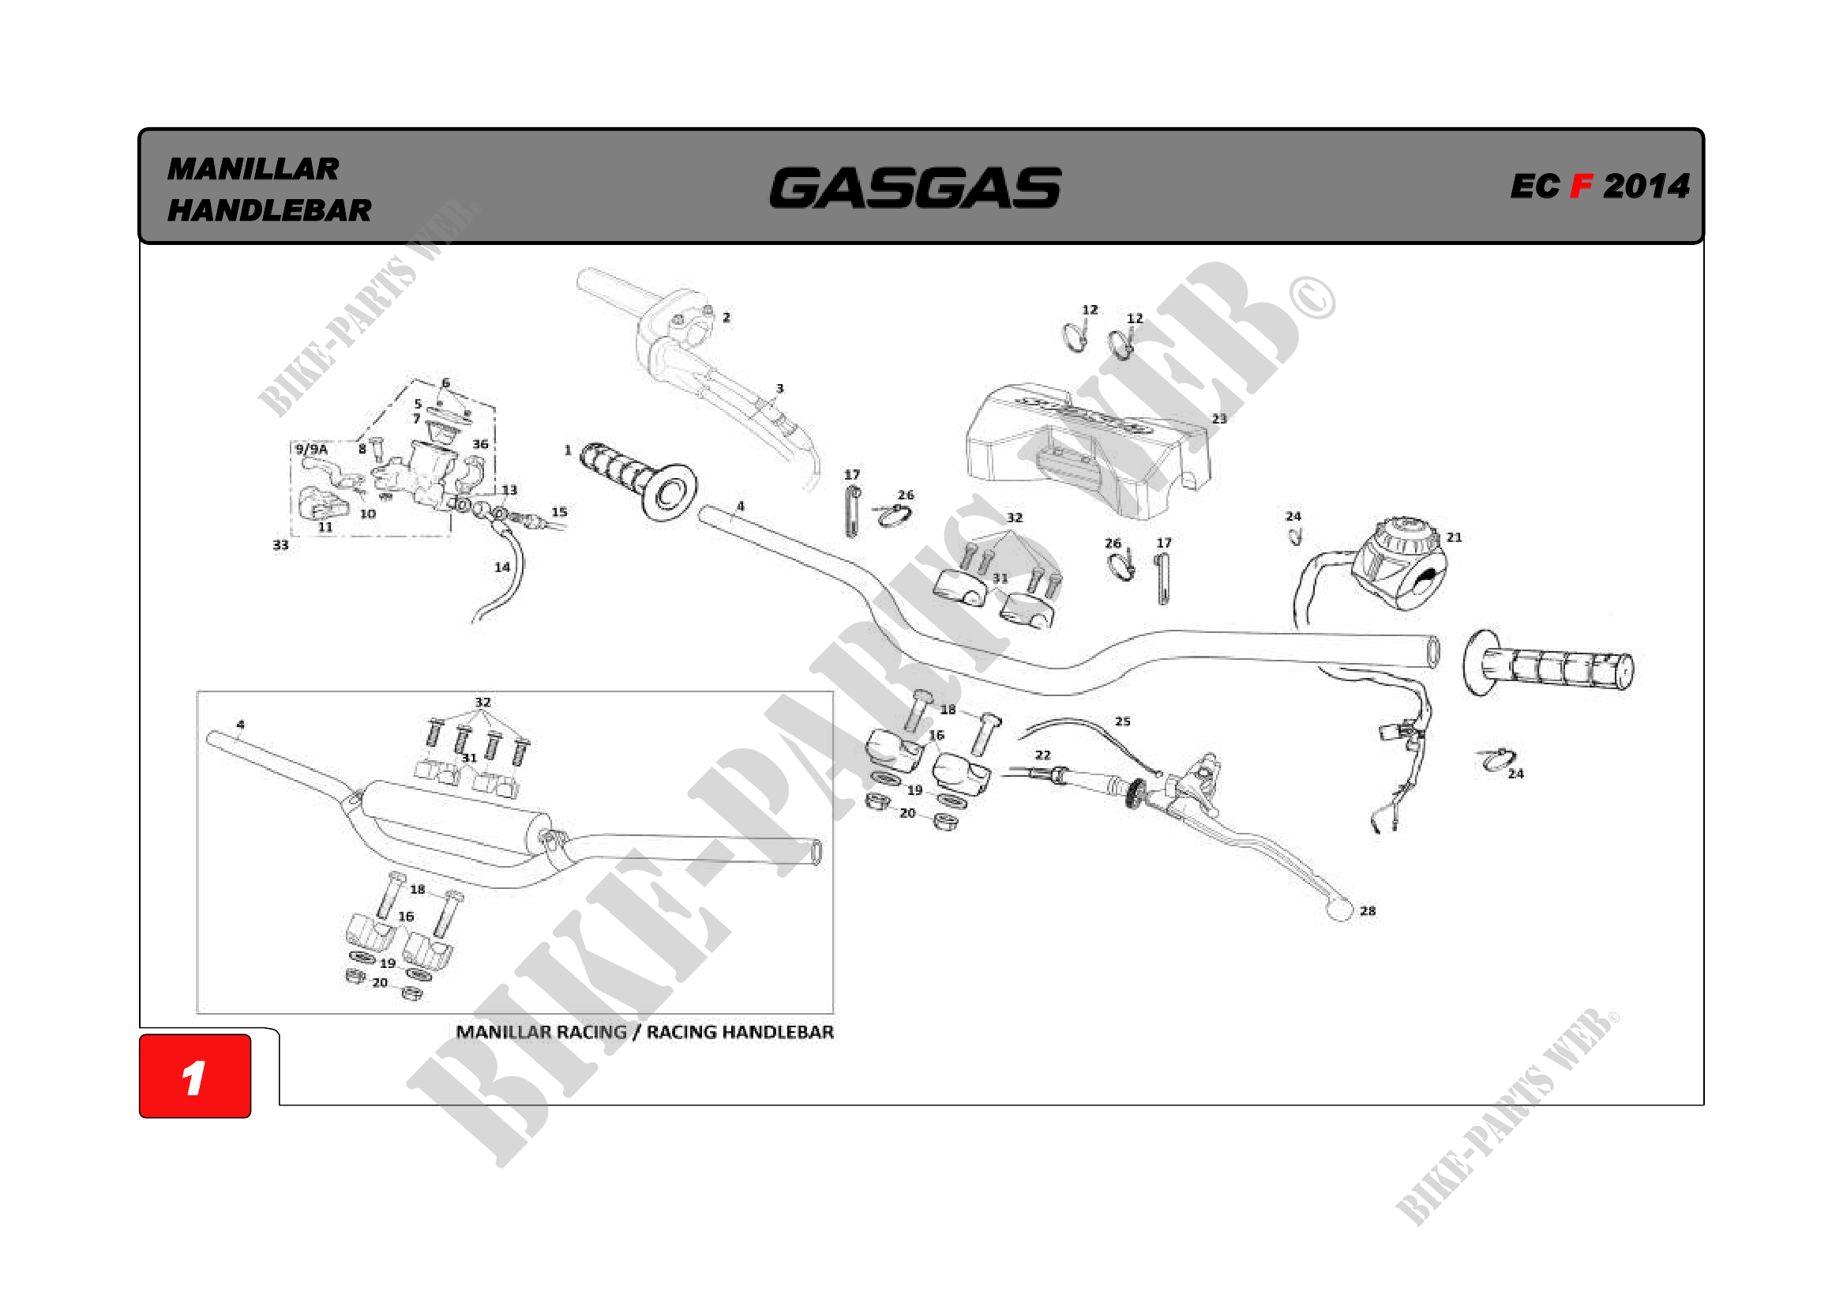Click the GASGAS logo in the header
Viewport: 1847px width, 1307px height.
(x=914, y=187)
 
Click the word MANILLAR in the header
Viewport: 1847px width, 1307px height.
(x=253, y=169)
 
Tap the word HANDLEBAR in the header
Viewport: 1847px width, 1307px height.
(x=268, y=211)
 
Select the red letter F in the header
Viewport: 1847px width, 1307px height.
(x=1581, y=186)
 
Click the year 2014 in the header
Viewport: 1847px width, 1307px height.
(x=1646, y=186)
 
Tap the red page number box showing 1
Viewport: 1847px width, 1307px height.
(x=195, y=1076)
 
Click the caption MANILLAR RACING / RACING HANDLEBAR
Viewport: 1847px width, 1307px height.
(x=644, y=1032)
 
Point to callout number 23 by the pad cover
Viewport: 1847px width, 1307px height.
(x=1218, y=419)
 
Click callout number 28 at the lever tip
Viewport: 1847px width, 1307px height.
(x=1368, y=911)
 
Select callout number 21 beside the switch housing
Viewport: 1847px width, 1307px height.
(x=1454, y=537)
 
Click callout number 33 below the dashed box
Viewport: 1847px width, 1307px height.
(x=280, y=545)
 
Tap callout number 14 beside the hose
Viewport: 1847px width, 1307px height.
(x=502, y=567)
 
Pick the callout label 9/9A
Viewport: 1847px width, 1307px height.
(x=311, y=449)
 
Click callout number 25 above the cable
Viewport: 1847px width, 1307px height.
(x=1122, y=721)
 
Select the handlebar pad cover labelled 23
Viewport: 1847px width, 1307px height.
(x=1086, y=450)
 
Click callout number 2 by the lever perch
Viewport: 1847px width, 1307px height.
(x=726, y=318)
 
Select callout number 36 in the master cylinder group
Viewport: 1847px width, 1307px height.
(x=480, y=444)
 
